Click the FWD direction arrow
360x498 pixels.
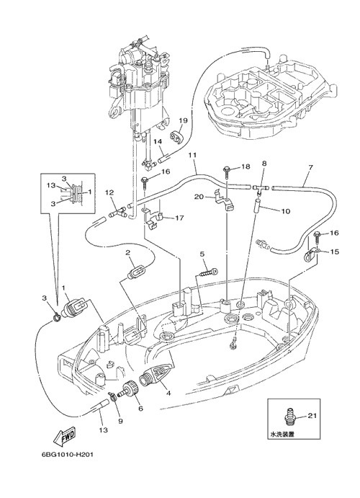[65, 436]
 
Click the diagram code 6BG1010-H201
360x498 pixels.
[67, 454]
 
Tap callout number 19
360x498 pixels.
[183, 120]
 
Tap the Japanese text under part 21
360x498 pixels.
[282, 434]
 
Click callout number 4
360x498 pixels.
[168, 393]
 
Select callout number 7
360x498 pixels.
[310, 167]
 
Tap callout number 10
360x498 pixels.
[286, 210]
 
